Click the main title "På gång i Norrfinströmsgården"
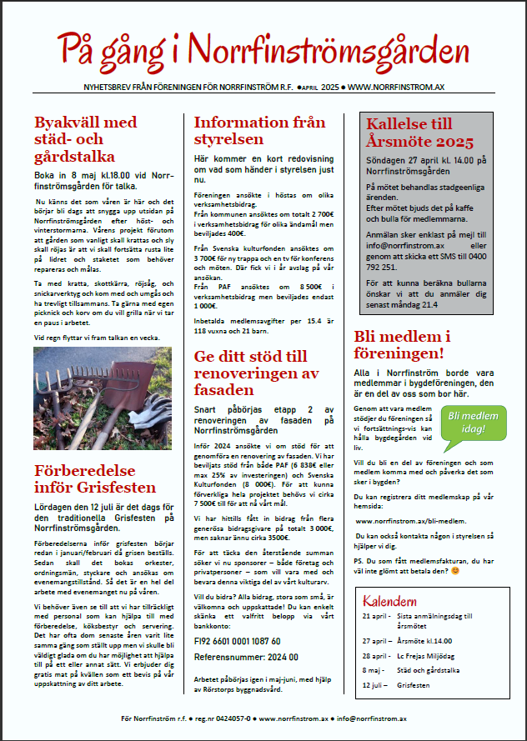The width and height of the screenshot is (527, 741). point(263,46)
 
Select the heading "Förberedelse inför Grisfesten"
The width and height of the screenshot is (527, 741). point(94,474)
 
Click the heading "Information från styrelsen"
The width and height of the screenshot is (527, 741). point(259,130)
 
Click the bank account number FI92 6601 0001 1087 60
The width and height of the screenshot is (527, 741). point(237,641)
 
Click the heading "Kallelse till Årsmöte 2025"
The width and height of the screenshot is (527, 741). point(420,133)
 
